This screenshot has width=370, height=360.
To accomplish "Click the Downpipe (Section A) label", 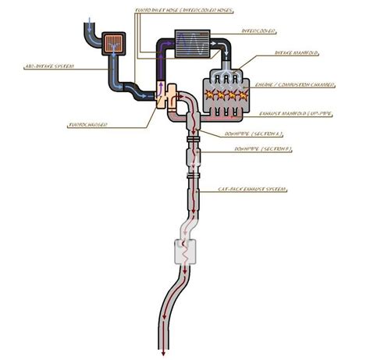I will pos(248,134).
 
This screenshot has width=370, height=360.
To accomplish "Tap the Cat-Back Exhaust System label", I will pos(252,189).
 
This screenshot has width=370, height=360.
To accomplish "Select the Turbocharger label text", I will pos(87,125).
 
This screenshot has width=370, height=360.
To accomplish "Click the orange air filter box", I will pos(116,41).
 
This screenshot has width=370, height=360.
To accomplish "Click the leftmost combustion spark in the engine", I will pos(208,94).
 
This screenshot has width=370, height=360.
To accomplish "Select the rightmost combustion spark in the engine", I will pos(243,94).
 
